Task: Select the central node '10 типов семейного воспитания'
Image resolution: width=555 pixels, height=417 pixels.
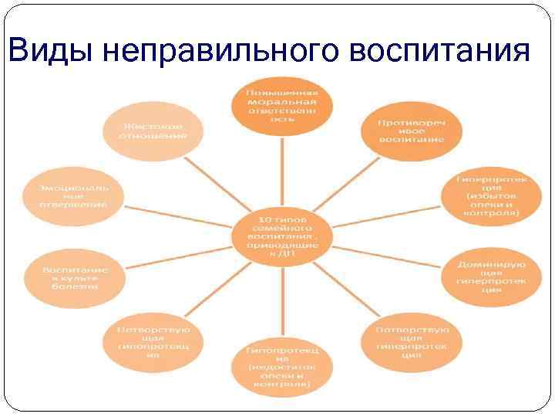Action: (282, 232)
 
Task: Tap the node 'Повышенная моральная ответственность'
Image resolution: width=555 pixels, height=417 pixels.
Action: (282, 104)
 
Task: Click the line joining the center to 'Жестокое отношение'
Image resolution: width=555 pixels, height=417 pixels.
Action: (212, 177)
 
